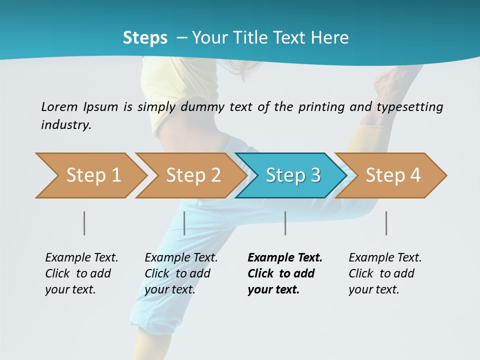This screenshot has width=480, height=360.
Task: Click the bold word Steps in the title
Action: pyautogui.click(x=145, y=38)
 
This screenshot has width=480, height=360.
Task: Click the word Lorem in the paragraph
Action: pyautogui.click(x=59, y=106)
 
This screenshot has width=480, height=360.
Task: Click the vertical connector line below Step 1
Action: pyautogui.click(x=84, y=223)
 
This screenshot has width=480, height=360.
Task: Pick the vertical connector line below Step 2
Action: pyautogui.click(x=184, y=223)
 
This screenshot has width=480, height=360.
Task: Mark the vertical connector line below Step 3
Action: pyautogui.click(x=285, y=223)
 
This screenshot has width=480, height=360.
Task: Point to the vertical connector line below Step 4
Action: pyautogui.click(x=386, y=223)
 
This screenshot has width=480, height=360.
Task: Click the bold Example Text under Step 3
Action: pyautogui.click(x=285, y=258)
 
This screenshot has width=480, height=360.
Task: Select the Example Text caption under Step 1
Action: pyautogui.click(x=81, y=258)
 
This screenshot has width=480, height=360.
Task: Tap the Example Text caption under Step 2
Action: pyautogui.click(x=181, y=258)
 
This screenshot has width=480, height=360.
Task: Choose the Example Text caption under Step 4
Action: pyautogui.click(x=385, y=258)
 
